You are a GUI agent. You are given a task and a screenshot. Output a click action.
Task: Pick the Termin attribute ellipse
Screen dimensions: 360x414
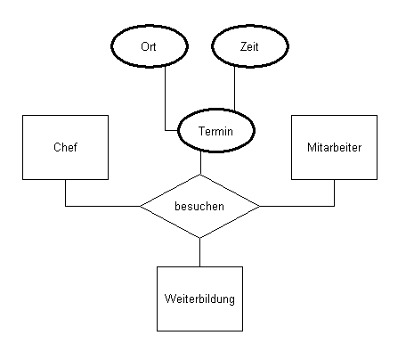(x=214, y=131)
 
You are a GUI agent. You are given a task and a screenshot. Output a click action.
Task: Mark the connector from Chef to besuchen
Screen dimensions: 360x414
(x=98, y=206)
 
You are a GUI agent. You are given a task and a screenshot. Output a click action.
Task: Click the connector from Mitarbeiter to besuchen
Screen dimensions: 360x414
(x=298, y=206)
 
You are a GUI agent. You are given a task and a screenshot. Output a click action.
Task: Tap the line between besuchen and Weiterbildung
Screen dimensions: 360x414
(x=199, y=251)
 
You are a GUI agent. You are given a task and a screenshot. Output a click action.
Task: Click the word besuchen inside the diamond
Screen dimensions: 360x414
(x=199, y=206)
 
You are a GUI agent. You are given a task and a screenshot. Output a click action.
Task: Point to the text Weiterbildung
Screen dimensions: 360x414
(x=199, y=299)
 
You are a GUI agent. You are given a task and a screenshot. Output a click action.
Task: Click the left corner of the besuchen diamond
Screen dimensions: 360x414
(x=142, y=206)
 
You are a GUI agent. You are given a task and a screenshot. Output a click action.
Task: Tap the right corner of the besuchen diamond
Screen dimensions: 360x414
(x=259, y=206)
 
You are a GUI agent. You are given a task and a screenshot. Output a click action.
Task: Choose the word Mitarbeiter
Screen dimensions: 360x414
(x=336, y=146)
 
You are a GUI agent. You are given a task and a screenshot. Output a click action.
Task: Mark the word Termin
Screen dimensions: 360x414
(x=214, y=131)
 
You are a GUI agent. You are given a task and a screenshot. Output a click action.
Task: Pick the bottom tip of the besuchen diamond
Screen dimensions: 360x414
(x=199, y=237)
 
